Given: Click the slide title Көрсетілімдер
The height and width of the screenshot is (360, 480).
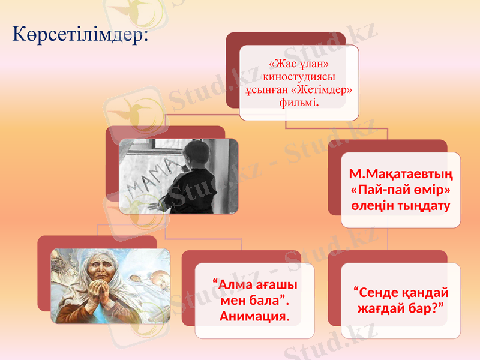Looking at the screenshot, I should point(80,34).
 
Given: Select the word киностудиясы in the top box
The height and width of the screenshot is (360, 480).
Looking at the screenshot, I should point(299,76).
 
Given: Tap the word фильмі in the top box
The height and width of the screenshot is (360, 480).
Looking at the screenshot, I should point(298,102).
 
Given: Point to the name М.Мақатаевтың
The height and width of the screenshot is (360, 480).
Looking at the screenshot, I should point(401,175).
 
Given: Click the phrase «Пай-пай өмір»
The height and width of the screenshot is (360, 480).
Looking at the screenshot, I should point(401,190).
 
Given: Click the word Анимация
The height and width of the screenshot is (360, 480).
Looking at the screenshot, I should point(254,315).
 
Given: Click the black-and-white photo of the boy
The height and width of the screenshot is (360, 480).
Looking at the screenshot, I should point(178,176).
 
